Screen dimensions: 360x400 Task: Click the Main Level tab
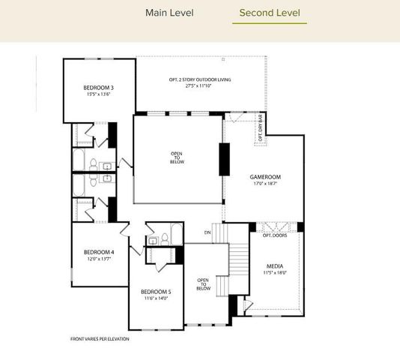coord(169,13)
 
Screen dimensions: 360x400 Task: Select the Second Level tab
coord(269,13)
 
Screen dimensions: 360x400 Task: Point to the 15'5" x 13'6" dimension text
coord(98,95)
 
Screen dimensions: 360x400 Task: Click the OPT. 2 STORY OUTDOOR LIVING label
coord(200,79)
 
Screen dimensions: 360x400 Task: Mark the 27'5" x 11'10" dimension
coord(200,85)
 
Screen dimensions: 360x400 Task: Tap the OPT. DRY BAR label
coord(260,128)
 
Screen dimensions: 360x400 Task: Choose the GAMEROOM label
coord(265,176)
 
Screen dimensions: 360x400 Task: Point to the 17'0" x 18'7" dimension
coord(265,183)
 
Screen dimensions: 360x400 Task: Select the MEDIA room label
coord(275,265)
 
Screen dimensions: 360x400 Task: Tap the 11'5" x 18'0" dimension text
coord(275,273)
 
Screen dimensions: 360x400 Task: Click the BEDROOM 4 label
coord(98,251)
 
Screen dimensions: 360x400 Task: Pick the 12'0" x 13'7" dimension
coord(98,259)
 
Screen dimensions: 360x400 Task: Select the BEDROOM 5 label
coord(155,291)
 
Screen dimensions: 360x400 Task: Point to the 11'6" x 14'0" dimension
coord(155,298)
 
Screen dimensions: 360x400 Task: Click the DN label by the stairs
coord(207,232)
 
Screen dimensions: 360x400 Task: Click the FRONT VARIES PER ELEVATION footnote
coord(100,339)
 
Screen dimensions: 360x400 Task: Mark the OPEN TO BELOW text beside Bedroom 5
coord(203,284)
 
